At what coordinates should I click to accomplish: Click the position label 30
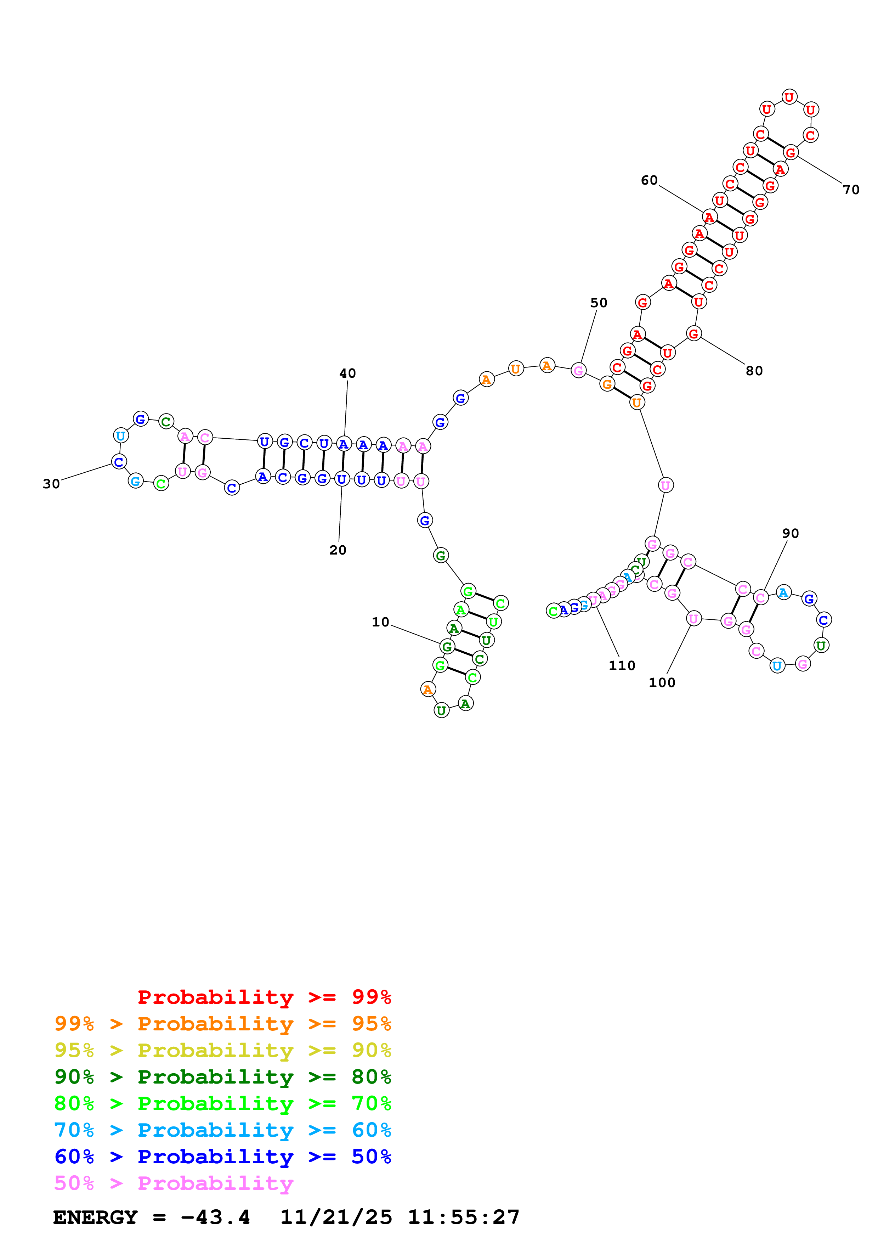click(51, 484)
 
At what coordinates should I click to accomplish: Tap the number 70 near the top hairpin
click(851, 190)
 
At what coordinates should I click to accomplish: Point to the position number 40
click(347, 373)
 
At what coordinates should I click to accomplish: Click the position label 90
click(791, 534)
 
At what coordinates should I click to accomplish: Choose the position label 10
click(380, 623)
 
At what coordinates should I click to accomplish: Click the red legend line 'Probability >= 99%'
click(264, 997)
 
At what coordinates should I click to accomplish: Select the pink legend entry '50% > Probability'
click(174, 1183)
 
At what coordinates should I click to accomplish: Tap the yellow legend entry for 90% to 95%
click(223, 1050)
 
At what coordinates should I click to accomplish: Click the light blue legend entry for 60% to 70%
click(223, 1130)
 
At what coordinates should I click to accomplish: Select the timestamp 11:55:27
click(464, 1217)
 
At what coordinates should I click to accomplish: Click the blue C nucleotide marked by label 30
click(119, 462)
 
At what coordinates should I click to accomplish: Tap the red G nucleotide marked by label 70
click(791, 153)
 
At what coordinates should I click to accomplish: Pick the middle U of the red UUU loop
click(789, 97)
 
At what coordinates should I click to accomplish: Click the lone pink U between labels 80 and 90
click(665, 486)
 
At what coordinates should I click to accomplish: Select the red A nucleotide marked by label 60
click(709, 217)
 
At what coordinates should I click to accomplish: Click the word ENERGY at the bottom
click(95, 1217)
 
